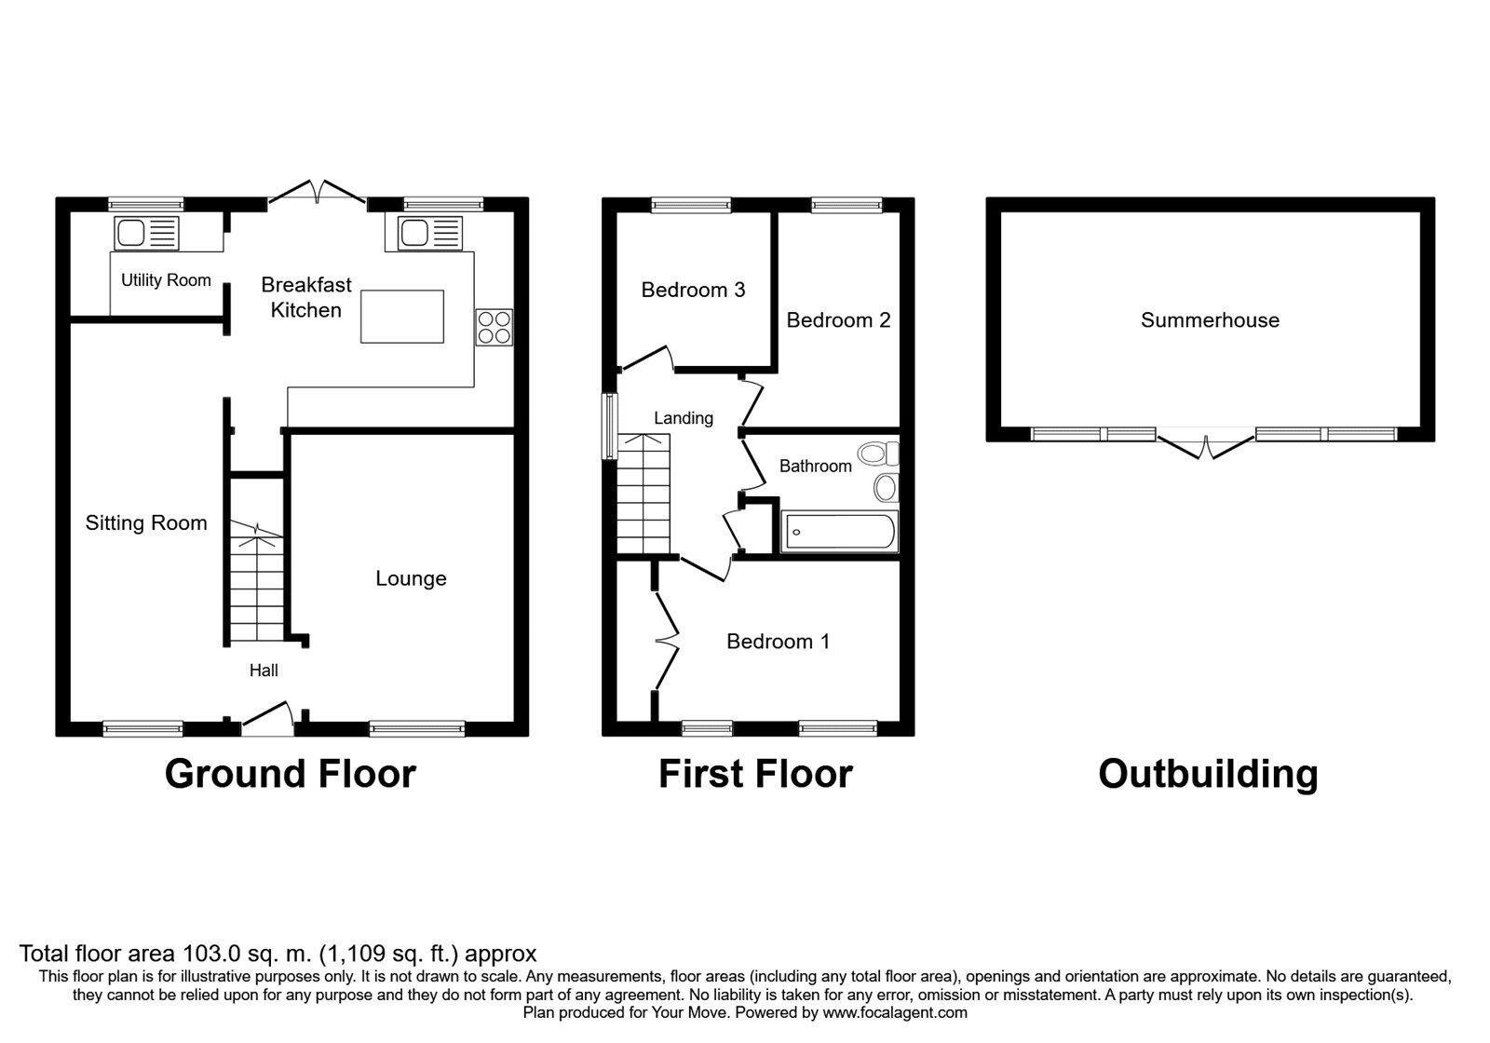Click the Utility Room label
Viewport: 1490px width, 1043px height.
point(166,280)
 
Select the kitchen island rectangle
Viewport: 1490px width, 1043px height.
point(402,316)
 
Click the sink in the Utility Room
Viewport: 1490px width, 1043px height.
point(145,233)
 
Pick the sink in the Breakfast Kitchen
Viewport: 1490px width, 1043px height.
point(429,233)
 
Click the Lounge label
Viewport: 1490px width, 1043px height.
point(411,578)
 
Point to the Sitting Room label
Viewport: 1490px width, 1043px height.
point(146,522)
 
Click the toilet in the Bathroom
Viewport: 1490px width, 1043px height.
point(878,454)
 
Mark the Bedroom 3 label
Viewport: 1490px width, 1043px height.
point(693,290)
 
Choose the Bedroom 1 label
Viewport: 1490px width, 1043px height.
point(778,641)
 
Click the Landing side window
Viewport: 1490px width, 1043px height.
point(610,426)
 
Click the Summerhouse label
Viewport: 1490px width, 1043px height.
point(1210,320)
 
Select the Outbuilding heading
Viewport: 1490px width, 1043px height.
point(1208,774)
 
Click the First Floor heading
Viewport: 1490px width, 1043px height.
point(755,774)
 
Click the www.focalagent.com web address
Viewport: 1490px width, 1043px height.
point(894,1012)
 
